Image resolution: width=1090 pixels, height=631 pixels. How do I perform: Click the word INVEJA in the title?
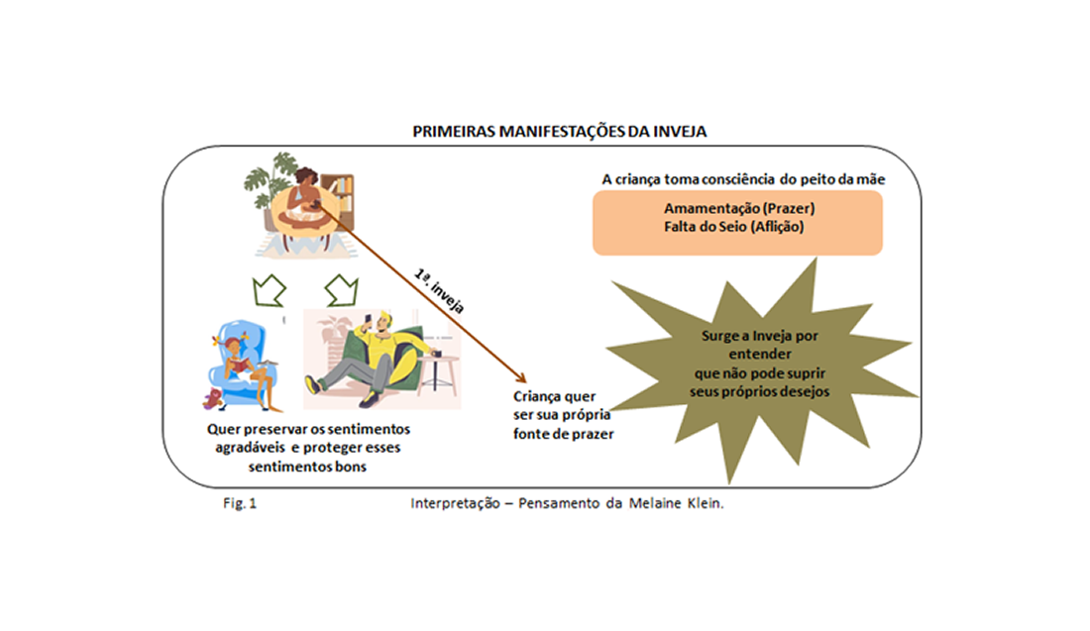pos(679,132)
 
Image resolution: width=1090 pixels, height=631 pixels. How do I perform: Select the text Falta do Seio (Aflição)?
pos(733,227)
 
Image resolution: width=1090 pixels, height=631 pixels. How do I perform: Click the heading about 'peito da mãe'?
pos(743,179)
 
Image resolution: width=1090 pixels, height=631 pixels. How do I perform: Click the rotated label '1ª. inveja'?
pos(439,290)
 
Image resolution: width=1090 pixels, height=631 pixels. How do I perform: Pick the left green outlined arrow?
pos(269,290)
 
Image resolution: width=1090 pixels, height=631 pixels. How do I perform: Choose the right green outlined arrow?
pos(341,290)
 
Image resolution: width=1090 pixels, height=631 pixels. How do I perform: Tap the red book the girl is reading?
pos(238,365)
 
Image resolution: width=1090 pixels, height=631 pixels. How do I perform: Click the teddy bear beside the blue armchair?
pos(213,397)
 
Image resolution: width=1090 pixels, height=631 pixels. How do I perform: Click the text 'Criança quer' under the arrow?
pos(554,397)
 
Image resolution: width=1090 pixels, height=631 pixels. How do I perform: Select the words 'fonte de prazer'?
pos(563,434)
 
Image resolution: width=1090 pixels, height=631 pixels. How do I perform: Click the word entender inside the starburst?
pos(760,355)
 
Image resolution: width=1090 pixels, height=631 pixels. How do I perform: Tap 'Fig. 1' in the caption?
pos(240,503)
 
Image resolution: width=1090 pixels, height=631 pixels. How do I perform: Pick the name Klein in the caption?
pos(705,503)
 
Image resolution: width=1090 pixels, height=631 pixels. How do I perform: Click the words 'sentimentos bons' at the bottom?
pos(307,467)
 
